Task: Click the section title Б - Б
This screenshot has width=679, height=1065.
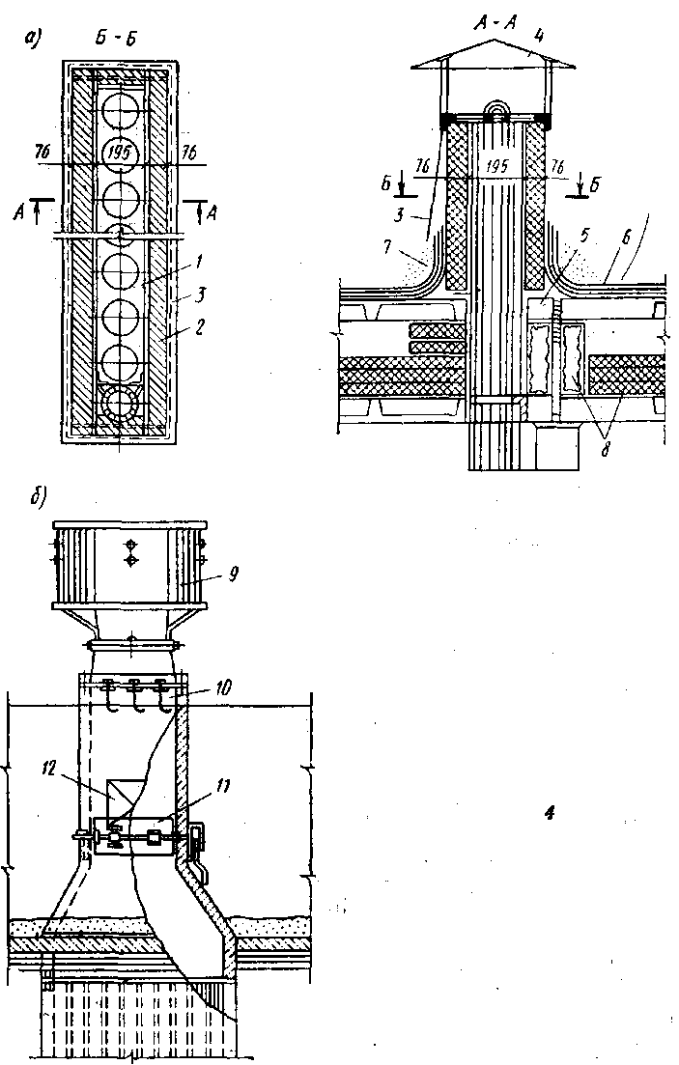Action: coord(116,38)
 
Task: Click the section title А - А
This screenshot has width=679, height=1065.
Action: coord(495,24)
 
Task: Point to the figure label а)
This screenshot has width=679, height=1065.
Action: coord(32,38)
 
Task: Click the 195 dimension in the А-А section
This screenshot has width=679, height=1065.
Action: coord(498,167)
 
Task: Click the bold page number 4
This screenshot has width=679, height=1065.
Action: coord(551,812)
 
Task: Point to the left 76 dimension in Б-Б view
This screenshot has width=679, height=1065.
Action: coord(42,154)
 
